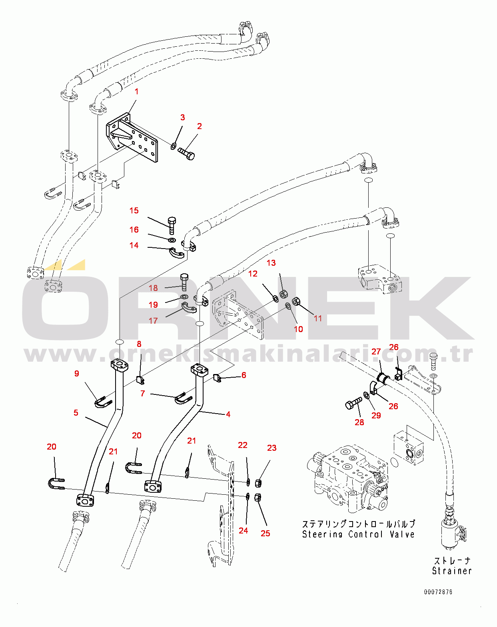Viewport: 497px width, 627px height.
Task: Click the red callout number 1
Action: tap(136, 92)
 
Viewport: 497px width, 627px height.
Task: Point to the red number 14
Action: tap(134, 245)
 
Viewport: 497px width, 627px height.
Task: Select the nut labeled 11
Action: tap(296, 301)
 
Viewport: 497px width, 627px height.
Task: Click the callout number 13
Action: tap(271, 263)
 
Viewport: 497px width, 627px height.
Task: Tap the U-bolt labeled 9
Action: tap(103, 402)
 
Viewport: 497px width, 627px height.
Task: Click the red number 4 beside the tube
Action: tap(228, 414)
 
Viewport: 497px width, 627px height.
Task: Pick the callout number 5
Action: tap(76, 413)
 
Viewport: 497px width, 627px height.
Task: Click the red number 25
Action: tap(265, 533)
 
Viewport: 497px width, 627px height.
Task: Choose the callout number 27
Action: tap(376, 352)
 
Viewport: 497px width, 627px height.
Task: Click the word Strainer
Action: tap(452, 571)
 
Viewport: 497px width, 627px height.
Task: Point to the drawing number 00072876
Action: tap(438, 592)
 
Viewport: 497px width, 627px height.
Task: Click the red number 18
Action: tap(153, 288)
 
